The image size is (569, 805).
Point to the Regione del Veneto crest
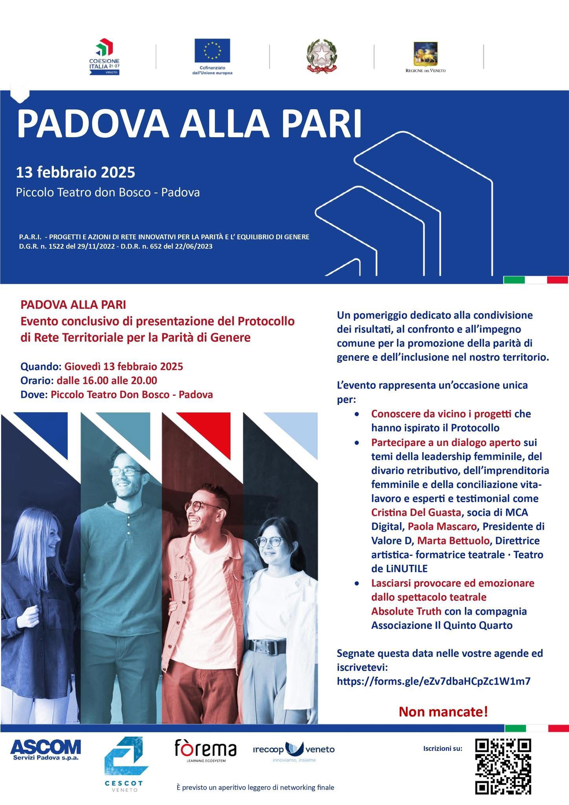[x=426, y=54]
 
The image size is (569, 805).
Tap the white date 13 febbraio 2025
[x=75, y=172]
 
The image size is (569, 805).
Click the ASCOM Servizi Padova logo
[x=45, y=749]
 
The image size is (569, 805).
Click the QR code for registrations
[x=503, y=766]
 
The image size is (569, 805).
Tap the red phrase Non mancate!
[x=443, y=712]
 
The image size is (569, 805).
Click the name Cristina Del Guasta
[x=416, y=513]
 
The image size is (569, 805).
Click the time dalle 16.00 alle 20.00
[x=107, y=380]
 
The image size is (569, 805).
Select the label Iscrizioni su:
[x=443, y=748]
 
